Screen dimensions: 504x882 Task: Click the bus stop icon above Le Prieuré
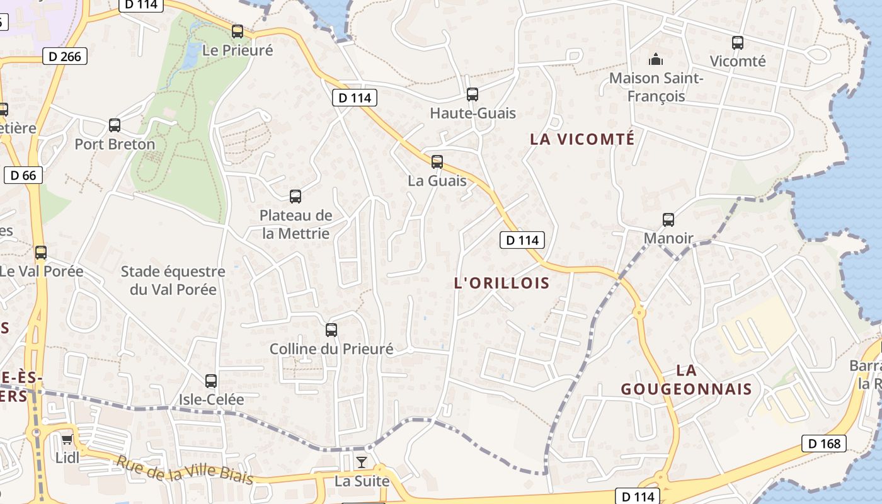point(238,31)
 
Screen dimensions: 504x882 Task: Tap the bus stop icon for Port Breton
point(115,125)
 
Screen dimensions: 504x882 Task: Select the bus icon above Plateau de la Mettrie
point(295,197)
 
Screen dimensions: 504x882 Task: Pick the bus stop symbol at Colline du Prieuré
point(331,330)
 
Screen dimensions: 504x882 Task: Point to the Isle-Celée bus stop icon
point(211,381)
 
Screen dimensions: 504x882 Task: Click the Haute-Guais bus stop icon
point(472,94)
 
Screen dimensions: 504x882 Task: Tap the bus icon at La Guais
point(437,162)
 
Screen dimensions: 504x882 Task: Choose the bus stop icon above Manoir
point(668,220)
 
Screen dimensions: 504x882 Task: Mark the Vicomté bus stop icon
point(738,43)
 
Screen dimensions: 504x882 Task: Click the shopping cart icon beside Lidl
point(67,439)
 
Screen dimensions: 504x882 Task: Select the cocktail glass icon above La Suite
point(361,463)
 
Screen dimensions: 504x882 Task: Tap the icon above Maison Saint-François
point(656,60)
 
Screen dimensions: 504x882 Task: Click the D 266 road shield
point(65,56)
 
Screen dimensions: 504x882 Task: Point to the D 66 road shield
point(24,175)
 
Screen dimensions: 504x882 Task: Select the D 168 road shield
point(824,444)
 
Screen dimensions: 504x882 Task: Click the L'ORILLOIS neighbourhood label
point(502,283)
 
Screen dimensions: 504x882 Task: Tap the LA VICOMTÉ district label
point(582,139)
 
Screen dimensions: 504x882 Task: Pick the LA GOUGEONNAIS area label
point(687,379)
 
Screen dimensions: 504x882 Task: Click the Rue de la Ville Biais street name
point(185,470)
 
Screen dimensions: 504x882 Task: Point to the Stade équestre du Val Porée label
point(173,281)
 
